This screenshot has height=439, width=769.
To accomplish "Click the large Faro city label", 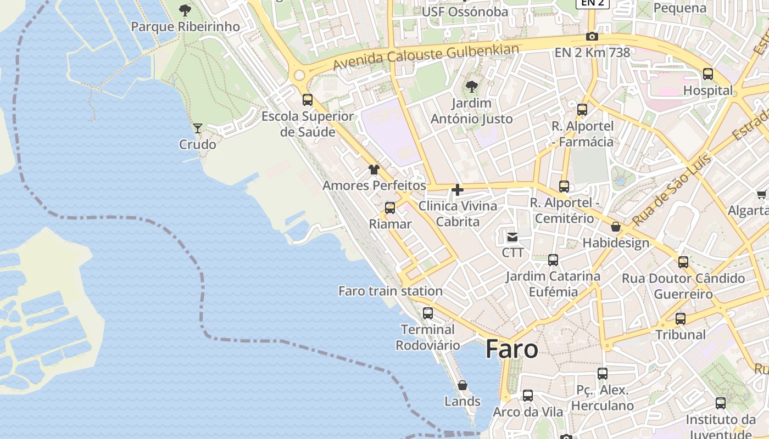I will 511,349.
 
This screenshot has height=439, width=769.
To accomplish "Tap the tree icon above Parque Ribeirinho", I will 185,10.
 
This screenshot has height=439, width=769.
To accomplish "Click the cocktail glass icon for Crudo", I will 198,128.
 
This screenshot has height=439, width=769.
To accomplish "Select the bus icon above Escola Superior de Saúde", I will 308,100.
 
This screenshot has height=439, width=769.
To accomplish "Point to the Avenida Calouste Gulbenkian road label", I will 426,57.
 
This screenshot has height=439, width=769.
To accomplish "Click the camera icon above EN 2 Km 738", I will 592,37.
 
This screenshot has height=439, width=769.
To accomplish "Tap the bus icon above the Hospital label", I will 708,74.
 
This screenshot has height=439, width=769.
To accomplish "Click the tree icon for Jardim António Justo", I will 471,86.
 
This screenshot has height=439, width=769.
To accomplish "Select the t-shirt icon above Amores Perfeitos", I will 374,169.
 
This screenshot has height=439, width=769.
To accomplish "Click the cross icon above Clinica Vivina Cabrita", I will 457,190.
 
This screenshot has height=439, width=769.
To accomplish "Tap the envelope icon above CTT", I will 512,237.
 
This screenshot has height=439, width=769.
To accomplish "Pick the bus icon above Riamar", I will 390,208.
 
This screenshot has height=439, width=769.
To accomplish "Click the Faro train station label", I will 390,291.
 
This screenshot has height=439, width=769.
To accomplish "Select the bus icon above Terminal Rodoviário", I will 428,313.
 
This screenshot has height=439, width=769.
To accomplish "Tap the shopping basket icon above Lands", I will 462,385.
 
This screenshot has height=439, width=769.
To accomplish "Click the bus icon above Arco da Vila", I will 528,396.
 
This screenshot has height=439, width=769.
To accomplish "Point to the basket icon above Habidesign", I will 616,227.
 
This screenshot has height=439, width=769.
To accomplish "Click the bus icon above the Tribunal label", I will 681,318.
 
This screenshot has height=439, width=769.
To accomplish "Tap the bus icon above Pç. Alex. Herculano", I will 603,374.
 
